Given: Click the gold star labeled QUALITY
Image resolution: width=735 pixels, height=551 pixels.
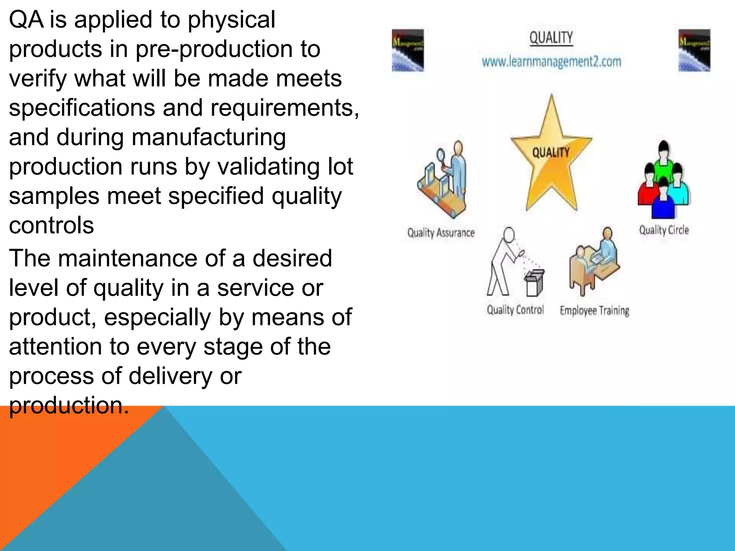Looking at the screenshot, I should [x=551, y=158].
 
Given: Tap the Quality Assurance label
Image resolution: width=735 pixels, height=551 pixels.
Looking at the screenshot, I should [x=441, y=233].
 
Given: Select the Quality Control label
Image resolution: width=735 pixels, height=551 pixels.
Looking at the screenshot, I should [x=515, y=310].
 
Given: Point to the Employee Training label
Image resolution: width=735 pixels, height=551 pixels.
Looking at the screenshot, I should [x=594, y=311].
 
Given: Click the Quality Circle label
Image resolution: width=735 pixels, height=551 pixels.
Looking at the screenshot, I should [x=664, y=230].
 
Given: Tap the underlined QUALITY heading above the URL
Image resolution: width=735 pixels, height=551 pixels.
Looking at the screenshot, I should [x=551, y=38].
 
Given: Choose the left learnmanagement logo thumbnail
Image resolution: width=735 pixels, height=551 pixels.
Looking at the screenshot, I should [x=408, y=50].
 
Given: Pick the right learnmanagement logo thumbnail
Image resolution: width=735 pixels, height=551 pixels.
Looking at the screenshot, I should [x=694, y=50].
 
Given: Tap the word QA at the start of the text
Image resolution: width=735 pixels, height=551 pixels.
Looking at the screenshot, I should [x=26, y=20].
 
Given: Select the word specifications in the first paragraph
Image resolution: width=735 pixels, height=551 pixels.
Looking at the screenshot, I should [x=82, y=108].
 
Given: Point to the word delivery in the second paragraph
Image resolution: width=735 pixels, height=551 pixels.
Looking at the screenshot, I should [x=170, y=376].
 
